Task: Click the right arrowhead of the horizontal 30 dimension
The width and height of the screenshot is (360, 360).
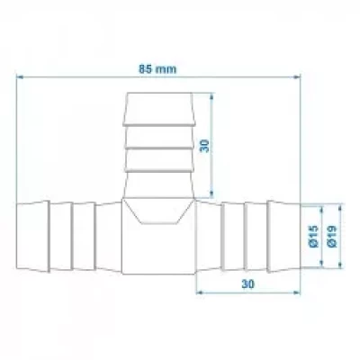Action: click(x=293, y=292)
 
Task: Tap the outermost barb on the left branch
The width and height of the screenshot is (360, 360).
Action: click(x=34, y=238)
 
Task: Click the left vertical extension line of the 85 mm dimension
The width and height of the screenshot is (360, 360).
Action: click(x=17, y=135)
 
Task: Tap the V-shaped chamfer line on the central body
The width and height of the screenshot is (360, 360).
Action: click(x=157, y=216)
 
